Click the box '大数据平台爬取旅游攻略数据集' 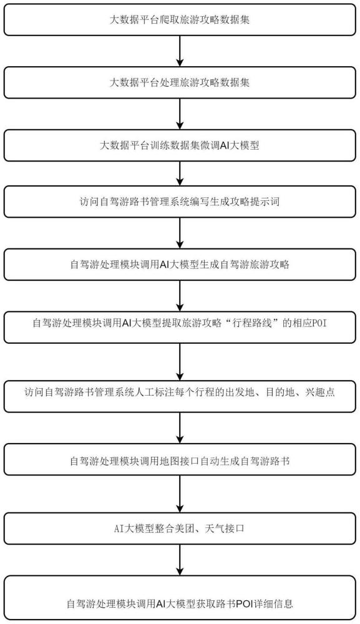pyautogui.click(x=180, y=20)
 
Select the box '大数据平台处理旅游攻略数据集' pyautogui.click(x=180, y=82)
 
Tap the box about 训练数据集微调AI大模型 pyautogui.click(x=180, y=145)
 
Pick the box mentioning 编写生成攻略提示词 pyautogui.click(x=180, y=202)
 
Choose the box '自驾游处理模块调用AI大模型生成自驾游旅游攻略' pyautogui.click(x=180, y=265)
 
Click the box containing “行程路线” pyautogui.click(x=180, y=328)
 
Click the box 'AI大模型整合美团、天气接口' pyautogui.click(x=180, y=529)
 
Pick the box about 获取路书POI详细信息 pyautogui.click(x=180, y=598)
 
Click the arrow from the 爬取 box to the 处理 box pyautogui.click(x=180, y=51)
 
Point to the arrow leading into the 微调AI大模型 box pyautogui.click(x=180, y=114)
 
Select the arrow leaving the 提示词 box pyautogui.click(x=180, y=233)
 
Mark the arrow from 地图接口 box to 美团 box pyautogui.click(x=180, y=494)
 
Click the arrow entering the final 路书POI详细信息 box pyautogui.click(x=180, y=560)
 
